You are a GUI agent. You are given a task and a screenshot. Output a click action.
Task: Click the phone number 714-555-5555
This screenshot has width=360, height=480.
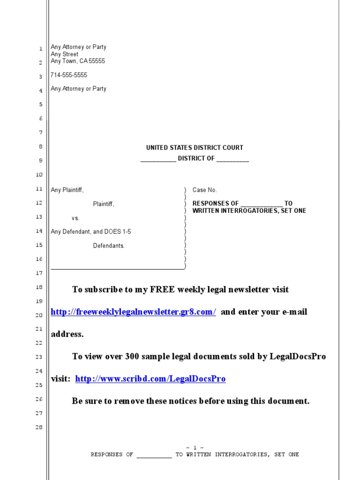click(69, 75)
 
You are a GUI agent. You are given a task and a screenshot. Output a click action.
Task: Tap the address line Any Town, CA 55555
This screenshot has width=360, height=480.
click(78, 61)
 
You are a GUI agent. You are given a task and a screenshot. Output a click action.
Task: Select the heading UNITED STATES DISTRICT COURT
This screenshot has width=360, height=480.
click(195, 148)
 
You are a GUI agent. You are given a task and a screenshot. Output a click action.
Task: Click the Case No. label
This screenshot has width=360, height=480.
click(205, 190)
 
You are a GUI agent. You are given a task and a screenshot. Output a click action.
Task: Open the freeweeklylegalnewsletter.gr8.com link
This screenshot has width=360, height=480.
click(133, 312)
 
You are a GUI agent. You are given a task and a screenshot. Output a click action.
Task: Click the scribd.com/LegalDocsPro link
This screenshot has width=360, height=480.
click(150, 379)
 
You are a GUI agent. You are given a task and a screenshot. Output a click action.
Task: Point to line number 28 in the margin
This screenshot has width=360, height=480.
click(39, 427)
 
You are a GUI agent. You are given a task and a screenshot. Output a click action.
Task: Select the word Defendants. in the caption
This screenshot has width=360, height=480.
click(109, 246)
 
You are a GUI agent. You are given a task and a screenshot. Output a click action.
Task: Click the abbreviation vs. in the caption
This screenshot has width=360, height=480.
click(75, 218)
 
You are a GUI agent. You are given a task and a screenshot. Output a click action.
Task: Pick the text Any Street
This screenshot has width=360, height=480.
click(65, 54)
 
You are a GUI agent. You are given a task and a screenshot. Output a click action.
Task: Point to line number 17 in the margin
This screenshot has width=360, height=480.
click(39, 273)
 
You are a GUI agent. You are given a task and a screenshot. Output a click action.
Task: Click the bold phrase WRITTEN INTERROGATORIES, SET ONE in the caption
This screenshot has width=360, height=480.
click(249, 211)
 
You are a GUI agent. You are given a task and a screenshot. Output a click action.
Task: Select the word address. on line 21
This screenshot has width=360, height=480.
click(67, 335)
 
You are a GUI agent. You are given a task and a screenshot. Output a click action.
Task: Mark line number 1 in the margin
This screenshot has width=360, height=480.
click(41, 48)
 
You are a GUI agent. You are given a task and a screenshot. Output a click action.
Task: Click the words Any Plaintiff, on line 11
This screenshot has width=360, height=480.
click(67, 190)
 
